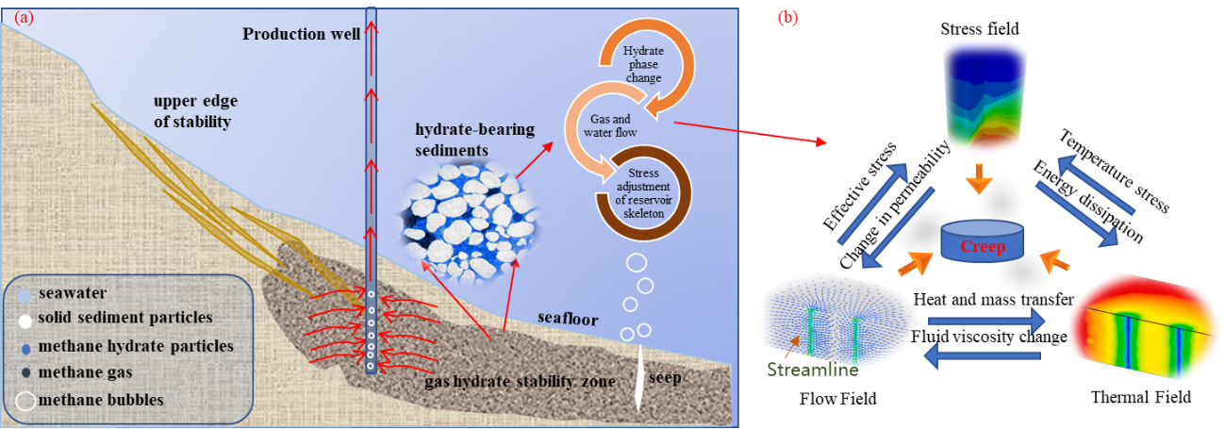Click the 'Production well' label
[x=300, y=35]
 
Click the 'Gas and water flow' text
[x=623, y=126]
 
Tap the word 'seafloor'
[x=568, y=320]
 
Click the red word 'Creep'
[x=983, y=247]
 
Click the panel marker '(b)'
[x=786, y=17]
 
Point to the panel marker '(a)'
[x=20, y=15]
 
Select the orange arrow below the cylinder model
[x=982, y=180]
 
